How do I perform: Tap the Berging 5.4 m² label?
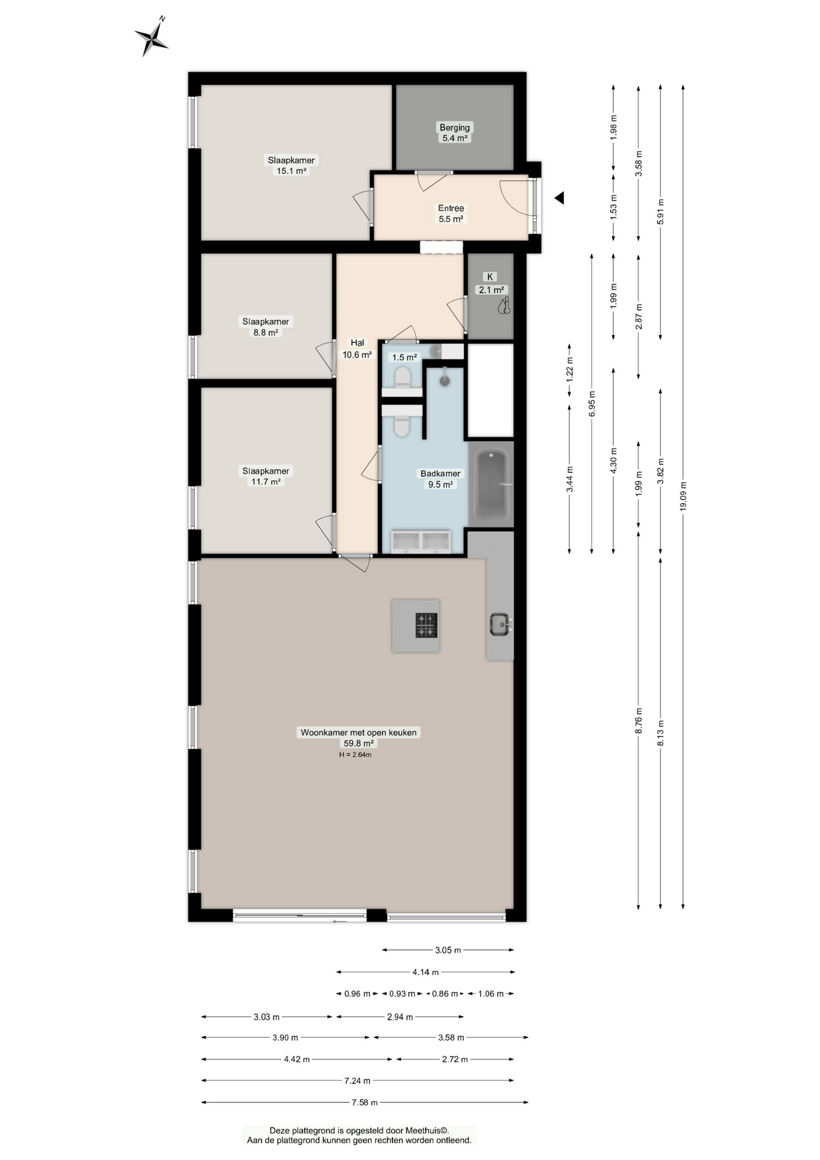click(454, 132)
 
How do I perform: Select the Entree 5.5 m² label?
click(450, 213)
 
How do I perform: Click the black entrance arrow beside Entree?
click(559, 198)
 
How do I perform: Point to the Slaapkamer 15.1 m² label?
click(291, 165)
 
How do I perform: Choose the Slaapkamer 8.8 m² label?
click(266, 326)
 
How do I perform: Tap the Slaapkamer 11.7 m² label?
click(266, 476)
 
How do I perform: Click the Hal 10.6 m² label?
click(357, 349)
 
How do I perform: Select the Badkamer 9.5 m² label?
click(440, 478)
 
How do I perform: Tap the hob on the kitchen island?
click(426, 625)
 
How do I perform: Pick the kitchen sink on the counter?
click(499, 624)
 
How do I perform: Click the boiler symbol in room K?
click(504, 306)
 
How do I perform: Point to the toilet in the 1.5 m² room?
click(402, 379)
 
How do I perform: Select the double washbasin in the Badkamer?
click(421, 541)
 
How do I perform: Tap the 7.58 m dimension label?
click(365, 1103)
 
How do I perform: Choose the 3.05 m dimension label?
click(447, 950)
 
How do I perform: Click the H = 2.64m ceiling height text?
click(355, 755)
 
